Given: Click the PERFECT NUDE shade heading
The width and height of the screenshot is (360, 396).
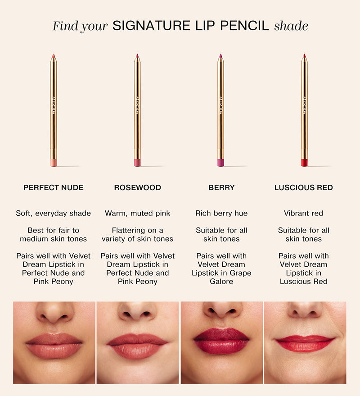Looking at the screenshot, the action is point(54,188).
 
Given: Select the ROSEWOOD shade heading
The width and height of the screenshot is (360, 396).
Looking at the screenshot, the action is point(138,188).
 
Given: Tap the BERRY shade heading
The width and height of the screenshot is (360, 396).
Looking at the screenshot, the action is point(221,188).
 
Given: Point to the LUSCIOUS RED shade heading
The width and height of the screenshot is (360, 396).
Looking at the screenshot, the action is point(303,188).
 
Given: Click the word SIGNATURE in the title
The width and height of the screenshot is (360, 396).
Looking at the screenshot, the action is point(151,26).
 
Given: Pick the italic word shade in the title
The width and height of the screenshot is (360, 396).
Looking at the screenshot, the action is point(291,26).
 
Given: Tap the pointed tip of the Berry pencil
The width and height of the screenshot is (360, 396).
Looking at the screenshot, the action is point(220,55).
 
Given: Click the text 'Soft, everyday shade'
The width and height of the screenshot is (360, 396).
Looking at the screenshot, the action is point(54,214).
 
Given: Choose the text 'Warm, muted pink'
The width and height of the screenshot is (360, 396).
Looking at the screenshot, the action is point(138,214).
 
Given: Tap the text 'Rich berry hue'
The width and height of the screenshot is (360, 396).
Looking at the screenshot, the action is point(221,214).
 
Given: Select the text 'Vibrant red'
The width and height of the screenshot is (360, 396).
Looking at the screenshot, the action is point(303,214).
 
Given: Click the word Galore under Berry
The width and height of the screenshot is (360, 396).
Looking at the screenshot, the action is point(221,281).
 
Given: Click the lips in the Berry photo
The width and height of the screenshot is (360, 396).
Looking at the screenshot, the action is point(221,341).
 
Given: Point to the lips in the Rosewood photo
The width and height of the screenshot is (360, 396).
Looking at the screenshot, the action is point(137,346).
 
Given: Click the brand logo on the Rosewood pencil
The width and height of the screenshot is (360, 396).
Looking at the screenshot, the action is point(137,105).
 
